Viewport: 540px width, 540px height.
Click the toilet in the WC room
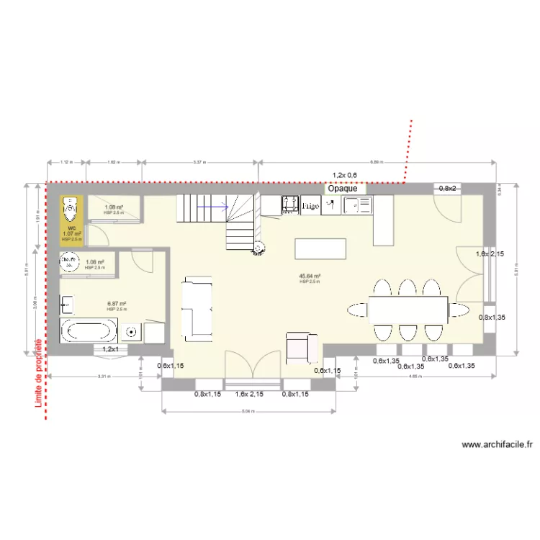coord(71,210)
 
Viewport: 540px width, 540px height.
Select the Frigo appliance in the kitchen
coord(310,206)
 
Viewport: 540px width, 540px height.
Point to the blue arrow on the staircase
coord(214,208)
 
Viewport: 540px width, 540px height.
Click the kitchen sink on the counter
coord(358,206)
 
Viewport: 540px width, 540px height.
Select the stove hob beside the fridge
coord(290,204)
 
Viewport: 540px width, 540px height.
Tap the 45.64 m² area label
coord(310,276)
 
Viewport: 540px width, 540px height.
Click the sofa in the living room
coord(197,308)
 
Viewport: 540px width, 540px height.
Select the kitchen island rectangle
coord(320,248)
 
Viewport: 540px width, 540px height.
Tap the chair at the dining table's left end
coord(356,310)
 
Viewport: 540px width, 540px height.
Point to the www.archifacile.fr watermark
coord(496,445)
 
